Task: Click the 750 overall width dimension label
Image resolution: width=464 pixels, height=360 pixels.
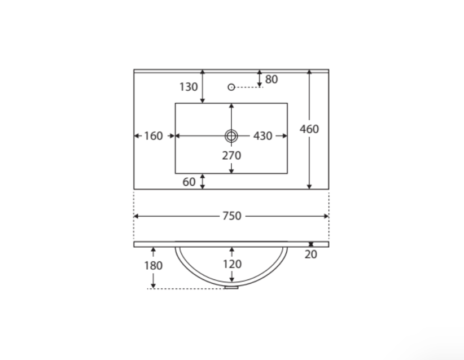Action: point(231,216)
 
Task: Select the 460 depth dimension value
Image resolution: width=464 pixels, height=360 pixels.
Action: point(309,129)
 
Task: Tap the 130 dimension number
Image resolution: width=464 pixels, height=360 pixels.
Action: point(189,87)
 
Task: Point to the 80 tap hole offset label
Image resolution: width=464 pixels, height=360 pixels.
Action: point(272,80)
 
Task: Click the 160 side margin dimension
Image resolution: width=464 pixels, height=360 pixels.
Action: point(154,136)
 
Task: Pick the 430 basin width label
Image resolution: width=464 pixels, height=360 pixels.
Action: point(262,136)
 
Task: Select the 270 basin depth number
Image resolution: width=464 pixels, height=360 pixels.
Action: point(231,155)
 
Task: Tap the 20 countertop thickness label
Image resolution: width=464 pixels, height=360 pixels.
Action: point(311,254)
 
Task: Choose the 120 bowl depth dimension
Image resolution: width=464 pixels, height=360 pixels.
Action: point(231,264)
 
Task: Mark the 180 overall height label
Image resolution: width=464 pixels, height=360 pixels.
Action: point(154,265)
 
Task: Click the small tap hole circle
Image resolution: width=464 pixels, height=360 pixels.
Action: point(231,87)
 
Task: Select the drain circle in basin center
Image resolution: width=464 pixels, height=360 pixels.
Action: point(231,135)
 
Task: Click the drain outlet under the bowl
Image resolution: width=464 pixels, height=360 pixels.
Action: point(231,287)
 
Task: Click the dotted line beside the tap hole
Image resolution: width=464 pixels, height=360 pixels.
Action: point(248,87)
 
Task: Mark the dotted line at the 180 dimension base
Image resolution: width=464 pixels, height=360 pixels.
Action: point(186,289)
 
